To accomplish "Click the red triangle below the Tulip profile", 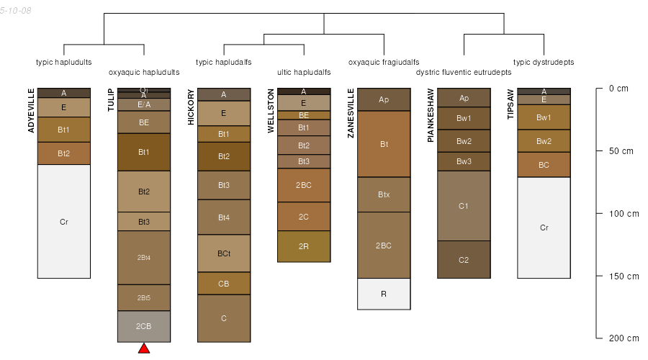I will pos(144,348).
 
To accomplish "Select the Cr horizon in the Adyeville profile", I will pos(64,222).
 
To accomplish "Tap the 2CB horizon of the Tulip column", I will pos(144,326).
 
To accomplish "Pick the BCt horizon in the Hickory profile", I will pos(224,253).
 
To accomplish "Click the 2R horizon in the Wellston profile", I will pos(304,246).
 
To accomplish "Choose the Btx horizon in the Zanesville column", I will pos(384,194).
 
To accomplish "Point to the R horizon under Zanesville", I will pos(384,294).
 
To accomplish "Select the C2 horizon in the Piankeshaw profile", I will pos(464,260).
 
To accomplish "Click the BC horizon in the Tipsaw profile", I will pos(544,165).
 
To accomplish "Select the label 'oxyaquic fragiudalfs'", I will pos(384,62).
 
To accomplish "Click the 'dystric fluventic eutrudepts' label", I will pos(464,72).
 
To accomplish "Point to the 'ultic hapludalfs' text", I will pos(304,72).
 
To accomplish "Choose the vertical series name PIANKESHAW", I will pos(431,115).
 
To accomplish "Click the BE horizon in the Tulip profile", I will pos(144,122).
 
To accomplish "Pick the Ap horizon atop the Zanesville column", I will pos(384,99).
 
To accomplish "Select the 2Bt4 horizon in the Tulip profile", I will pos(144,257).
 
